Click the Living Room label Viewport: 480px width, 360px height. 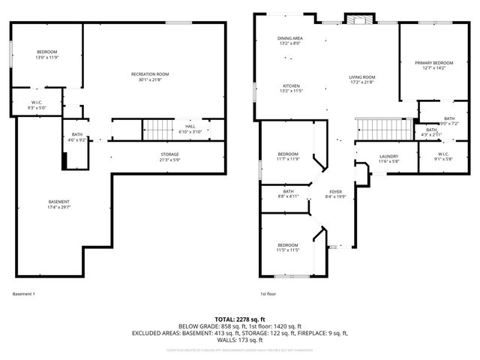pyautogui.click(x=361, y=77)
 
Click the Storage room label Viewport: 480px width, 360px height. pyautogui.click(x=169, y=154)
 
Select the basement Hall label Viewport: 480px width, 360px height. pyautogui.click(x=190, y=126)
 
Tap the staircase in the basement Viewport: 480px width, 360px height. pyautogui.click(x=158, y=129)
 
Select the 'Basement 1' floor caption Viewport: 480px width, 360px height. pyautogui.click(x=24, y=293)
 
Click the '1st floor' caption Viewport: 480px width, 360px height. pyautogui.click(x=268, y=293)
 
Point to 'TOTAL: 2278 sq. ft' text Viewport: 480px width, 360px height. pyautogui.click(x=240, y=319)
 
